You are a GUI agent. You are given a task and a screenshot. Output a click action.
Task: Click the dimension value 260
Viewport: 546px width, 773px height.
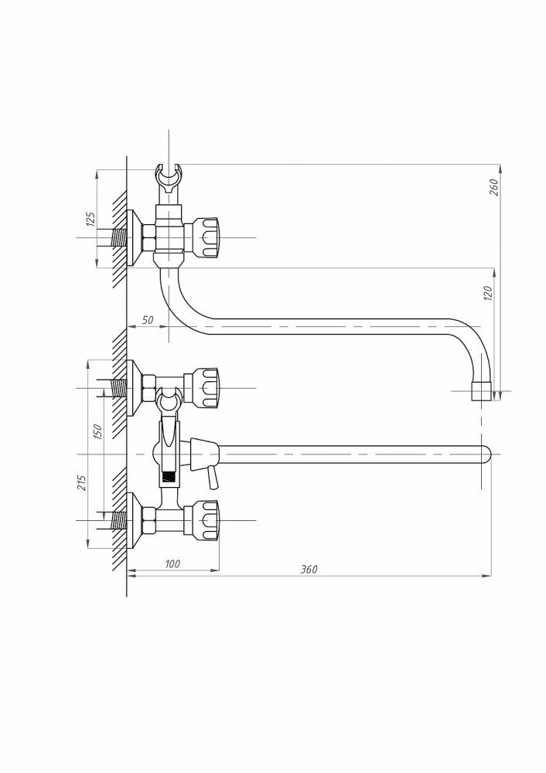point(494,187)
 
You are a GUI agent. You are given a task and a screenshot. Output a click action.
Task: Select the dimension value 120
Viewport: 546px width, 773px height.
point(488,293)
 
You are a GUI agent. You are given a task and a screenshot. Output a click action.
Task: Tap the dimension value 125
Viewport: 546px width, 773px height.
point(90,219)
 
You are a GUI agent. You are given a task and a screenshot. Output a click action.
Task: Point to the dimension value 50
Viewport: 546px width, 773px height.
point(148,319)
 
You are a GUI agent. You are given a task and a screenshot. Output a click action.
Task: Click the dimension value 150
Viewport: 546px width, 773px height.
point(97,432)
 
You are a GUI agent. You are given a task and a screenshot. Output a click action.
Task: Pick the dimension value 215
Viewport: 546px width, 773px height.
point(82,482)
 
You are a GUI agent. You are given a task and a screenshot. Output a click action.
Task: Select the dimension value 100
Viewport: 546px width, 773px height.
point(172,564)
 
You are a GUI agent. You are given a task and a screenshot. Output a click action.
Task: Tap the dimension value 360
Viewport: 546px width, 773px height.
point(309,570)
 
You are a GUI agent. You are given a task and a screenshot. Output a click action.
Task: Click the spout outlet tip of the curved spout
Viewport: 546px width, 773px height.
point(482,390)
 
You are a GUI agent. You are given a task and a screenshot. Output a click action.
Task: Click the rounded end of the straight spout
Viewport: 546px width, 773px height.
point(486,454)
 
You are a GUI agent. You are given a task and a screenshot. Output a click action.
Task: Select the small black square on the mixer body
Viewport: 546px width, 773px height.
point(169,477)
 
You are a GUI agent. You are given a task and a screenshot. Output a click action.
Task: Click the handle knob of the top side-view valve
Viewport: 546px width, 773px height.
point(207,237)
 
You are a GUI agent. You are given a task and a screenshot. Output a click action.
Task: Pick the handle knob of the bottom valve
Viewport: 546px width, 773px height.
point(207,520)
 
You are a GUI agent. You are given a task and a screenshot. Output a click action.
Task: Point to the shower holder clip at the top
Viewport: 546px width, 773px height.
point(169,180)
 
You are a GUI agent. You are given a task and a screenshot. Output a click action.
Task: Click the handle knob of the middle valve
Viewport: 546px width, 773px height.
point(207,388)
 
